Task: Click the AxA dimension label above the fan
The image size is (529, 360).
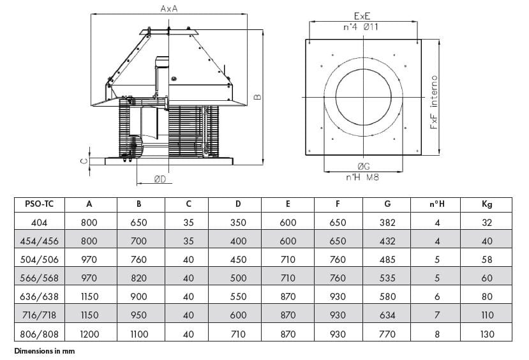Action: tap(168, 8)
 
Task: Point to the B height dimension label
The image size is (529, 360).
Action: tap(257, 97)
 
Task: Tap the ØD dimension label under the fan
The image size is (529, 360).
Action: tap(160, 179)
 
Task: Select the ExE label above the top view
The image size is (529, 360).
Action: tap(362, 16)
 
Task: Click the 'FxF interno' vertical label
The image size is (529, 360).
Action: tap(434, 102)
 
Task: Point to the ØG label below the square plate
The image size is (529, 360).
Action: tap(364, 166)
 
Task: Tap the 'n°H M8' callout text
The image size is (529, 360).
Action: tap(362, 177)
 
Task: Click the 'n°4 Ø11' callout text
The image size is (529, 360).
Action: tap(361, 27)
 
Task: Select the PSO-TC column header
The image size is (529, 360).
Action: tap(39, 204)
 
